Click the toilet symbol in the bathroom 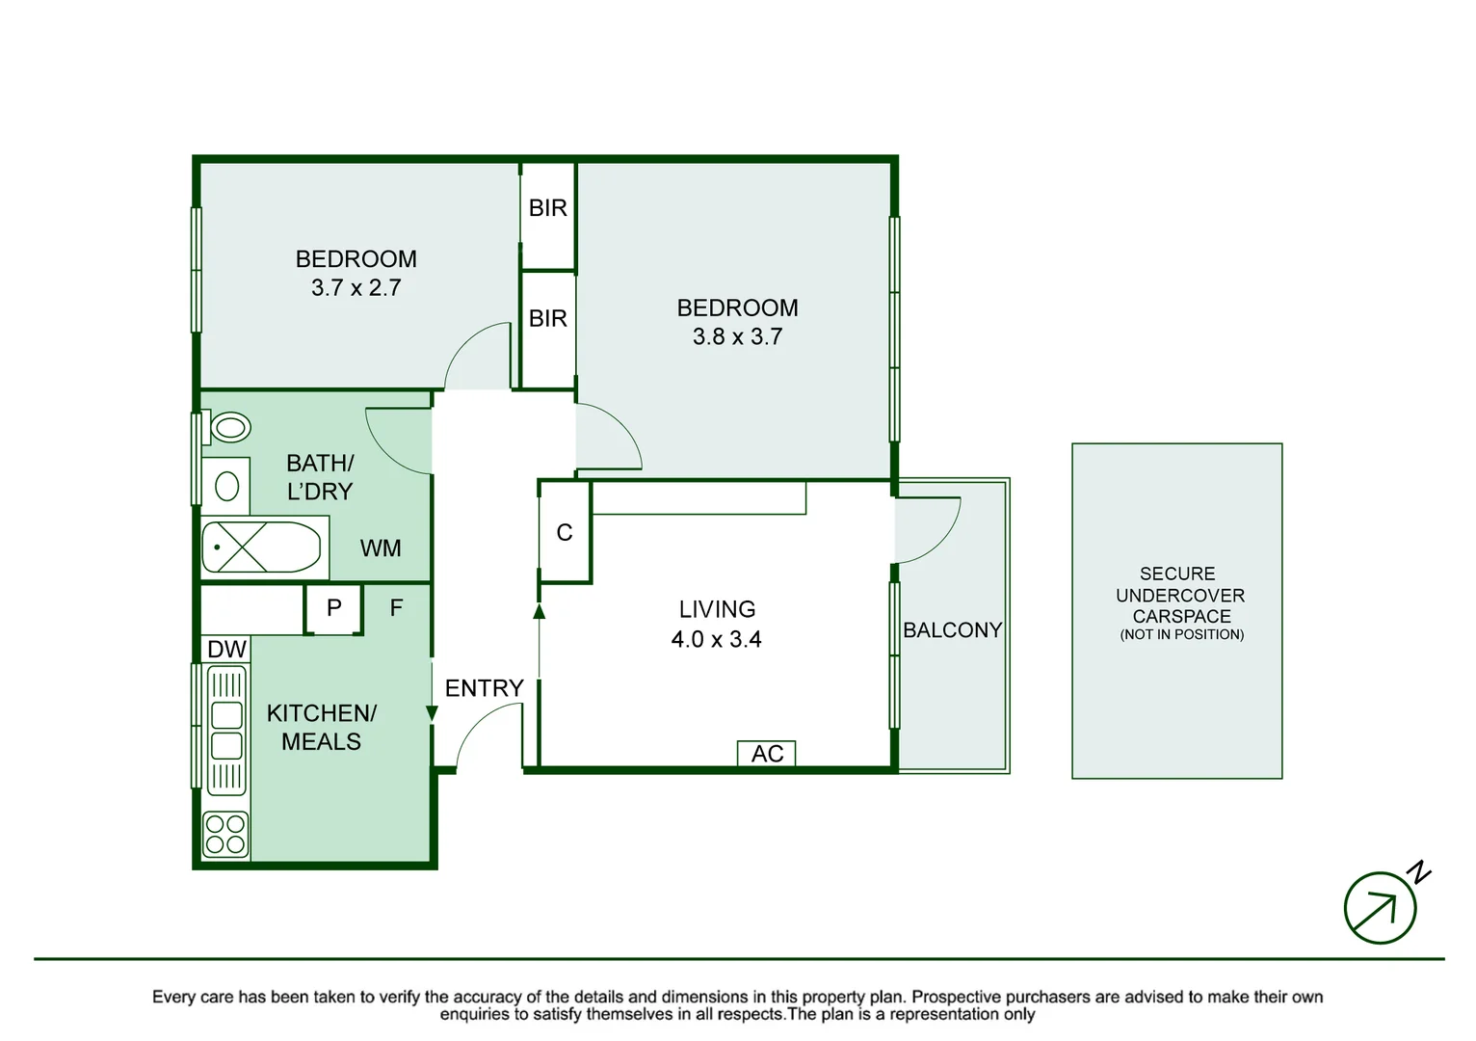(229, 427)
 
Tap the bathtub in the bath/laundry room (260, 547)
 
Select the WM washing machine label (381, 548)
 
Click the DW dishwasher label (226, 650)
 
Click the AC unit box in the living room (767, 754)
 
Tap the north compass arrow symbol (1381, 908)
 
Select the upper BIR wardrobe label (548, 208)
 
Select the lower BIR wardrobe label (548, 319)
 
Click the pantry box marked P (334, 608)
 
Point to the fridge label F (396, 608)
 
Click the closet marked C (565, 533)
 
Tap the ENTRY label (484, 688)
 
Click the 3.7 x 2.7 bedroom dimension (356, 288)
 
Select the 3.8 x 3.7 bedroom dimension (737, 337)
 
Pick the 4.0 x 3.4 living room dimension (716, 640)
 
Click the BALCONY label (952, 630)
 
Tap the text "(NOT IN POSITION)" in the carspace (1181, 635)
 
